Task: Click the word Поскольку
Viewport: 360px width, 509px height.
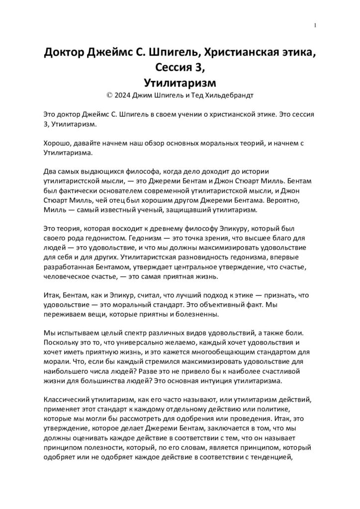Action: [62, 342]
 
